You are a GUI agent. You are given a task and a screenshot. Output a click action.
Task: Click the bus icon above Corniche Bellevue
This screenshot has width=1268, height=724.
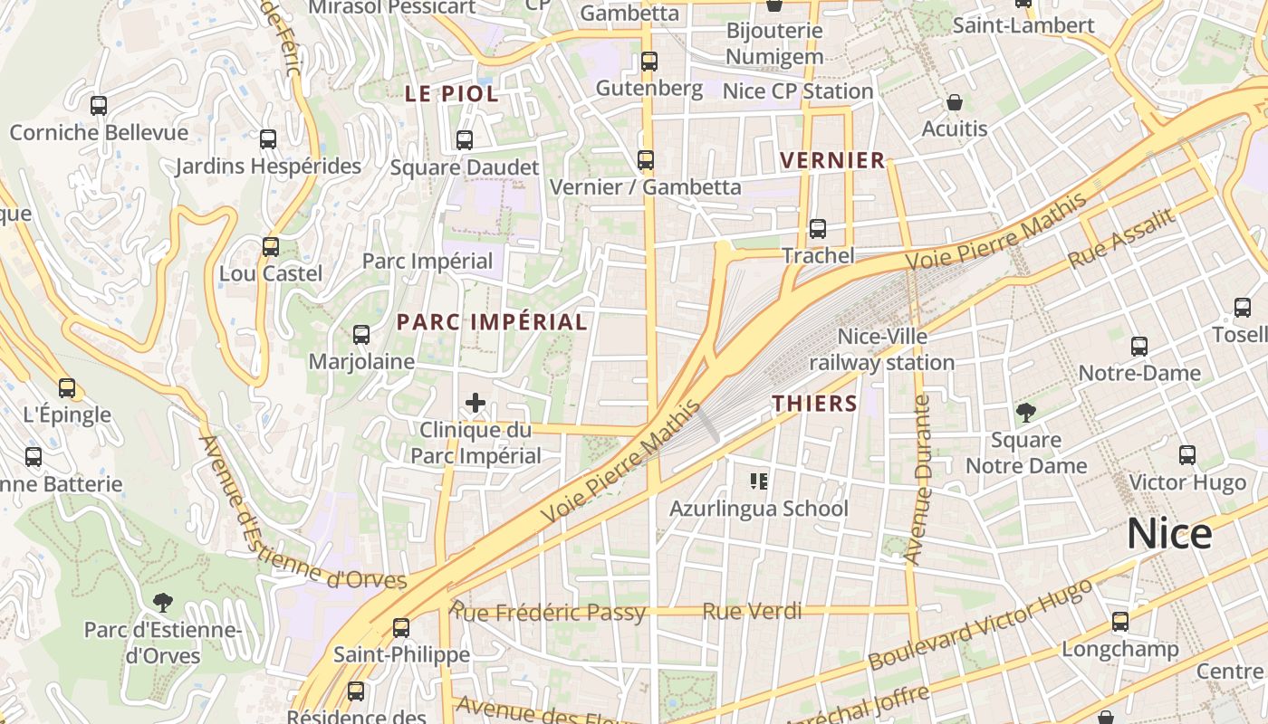(99, 106)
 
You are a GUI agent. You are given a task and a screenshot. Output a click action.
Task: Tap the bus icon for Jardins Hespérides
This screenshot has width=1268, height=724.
(268, 139)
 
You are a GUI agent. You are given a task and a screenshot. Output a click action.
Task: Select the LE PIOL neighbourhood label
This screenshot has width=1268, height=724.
(451, 93)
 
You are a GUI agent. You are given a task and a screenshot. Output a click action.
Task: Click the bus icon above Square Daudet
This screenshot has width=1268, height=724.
(465, 140)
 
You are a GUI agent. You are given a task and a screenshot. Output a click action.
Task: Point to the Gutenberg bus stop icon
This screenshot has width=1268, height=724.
(648, 62)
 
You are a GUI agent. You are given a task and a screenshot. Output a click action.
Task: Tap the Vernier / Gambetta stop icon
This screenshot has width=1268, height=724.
(646, 160)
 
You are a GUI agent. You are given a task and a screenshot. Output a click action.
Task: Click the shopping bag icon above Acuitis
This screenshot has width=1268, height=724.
(954, 102)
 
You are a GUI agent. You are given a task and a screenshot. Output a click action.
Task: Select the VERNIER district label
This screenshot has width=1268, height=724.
(832, 160)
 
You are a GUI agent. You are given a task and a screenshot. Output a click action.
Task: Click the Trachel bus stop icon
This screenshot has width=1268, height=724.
(818, 229)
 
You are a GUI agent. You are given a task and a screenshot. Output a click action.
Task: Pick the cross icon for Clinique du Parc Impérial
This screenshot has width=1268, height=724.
(475, 403)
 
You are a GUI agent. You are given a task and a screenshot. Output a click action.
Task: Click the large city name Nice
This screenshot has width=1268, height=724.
(1168, 534)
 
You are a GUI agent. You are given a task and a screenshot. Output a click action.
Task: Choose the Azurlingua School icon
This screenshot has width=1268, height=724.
(759, 481)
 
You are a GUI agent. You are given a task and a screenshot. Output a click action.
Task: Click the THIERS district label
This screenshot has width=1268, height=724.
(814, 403)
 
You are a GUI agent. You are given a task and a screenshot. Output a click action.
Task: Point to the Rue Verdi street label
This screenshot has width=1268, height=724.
(752, 612)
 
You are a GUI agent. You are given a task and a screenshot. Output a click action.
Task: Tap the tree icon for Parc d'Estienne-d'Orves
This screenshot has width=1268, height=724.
(163, 602)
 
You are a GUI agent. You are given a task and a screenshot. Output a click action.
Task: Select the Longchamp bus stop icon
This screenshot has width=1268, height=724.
(1120, 622)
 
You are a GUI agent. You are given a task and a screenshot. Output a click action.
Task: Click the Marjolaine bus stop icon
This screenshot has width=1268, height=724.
(361, 335)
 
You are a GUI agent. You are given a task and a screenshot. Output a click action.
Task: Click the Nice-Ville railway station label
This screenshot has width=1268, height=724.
(881, 349)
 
